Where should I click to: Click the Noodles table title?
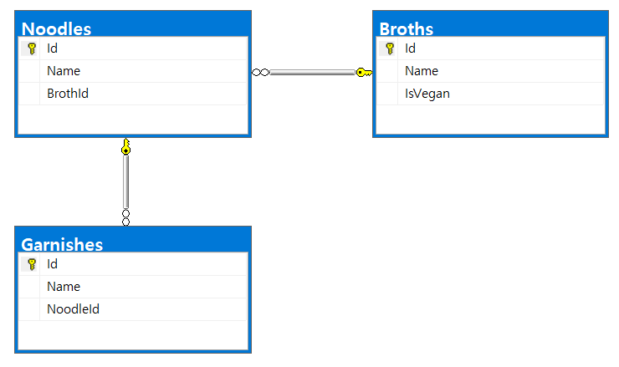[x=56, y=28]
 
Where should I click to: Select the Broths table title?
[x=407, y=28]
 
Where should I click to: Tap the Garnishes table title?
[x=62, y=244]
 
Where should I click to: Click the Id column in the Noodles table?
[x=53, y=48]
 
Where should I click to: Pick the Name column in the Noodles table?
[x=64, y=71]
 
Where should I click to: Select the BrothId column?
[x=68, y=94]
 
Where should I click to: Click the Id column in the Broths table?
[x=411, y=48]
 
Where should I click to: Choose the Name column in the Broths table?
[x=422, y=71]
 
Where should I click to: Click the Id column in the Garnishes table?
[x=53, y=264]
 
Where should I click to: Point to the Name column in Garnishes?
[x=64, y=287]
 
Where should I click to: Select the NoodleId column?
[x=74, y=309]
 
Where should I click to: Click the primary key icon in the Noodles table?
[x=32, y=48]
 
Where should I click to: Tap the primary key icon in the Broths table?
[x=390, y=48]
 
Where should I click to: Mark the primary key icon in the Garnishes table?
[x=32, y=264]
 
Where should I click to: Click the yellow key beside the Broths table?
[x=364, y=73]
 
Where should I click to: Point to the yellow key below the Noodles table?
[x=125, y=148]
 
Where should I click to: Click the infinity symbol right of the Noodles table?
[x=260, y=73]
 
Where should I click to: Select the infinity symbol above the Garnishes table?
[x=125, y=217]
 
